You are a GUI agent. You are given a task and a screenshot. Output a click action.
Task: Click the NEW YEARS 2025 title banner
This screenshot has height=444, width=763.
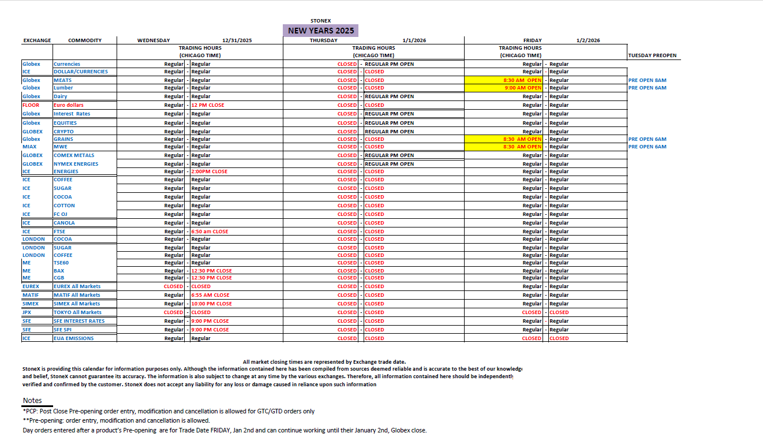pos(320,31)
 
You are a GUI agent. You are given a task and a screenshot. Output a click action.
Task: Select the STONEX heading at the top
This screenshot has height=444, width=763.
pos(320,21)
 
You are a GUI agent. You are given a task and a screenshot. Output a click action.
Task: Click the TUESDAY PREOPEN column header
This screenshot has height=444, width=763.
pos(652,55)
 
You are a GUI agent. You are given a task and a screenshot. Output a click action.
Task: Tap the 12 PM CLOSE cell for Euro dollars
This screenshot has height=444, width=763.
pos(208,105)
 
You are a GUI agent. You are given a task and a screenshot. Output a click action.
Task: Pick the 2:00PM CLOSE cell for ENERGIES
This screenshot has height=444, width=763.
pos(209,171)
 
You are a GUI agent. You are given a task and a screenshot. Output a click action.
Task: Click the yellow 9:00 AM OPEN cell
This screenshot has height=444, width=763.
pos(522,88)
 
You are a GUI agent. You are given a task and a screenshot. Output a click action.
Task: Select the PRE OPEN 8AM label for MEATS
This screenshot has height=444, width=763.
pos(647,80)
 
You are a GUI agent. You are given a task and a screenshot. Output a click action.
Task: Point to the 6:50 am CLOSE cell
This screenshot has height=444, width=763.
pos(210,232)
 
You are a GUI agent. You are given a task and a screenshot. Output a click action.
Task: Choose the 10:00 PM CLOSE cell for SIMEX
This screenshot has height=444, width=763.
pos(211,304)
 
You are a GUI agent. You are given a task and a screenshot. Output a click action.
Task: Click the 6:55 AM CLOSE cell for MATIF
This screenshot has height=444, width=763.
pos(210,295)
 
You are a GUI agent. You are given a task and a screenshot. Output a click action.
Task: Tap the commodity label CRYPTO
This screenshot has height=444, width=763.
pos(63,132)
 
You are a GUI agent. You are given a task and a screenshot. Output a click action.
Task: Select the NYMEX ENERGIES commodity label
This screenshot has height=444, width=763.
pos(76,164)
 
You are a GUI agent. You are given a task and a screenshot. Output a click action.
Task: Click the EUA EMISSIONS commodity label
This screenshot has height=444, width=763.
pos(73,338)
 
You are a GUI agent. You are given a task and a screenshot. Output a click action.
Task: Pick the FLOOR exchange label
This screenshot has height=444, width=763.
pos(31,105)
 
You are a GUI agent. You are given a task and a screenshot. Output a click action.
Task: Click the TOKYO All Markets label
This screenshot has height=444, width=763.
pos(77,312)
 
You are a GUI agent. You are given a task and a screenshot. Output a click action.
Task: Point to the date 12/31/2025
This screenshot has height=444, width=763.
pos(237,40)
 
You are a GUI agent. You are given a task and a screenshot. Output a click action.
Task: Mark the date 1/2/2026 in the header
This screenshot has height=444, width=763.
pos(588,40)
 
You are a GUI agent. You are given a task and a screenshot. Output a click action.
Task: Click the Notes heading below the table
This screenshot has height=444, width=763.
pos(32,400)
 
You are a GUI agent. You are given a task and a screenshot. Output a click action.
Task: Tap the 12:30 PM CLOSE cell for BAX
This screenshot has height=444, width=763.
pos(211,271)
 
